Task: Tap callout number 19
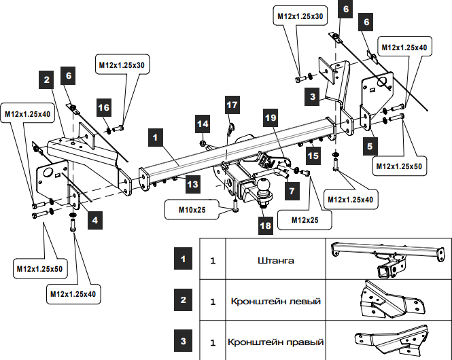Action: click(271, 118)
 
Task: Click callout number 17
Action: click(232, 105)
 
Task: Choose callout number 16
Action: click(103, 108)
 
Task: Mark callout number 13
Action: click(193, 183)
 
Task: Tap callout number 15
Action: click(312, 156)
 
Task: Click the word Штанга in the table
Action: click(275, 259)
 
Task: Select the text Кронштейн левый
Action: click(275, 301)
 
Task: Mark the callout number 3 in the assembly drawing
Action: click(312, 97)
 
